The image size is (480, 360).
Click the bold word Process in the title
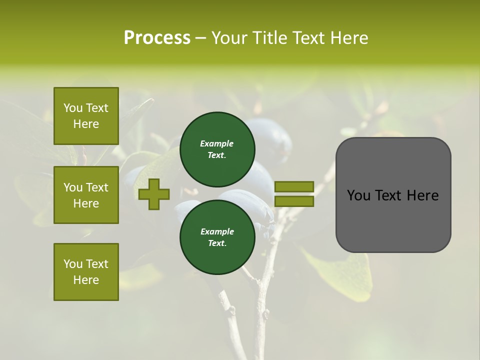(x=157, y=38)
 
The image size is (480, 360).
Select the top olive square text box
(x=86, y=116)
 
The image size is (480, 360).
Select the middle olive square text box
(x=86, y=195)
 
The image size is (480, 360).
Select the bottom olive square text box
(x=86, y=272)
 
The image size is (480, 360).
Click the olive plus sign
(x=154, y=194)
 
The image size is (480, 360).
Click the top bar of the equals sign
(x=294, y=187)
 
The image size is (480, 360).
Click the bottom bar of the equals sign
(x=294, y=201)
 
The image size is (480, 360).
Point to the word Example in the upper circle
(x=217, y=143)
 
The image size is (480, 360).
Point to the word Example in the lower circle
(x=217, y=231)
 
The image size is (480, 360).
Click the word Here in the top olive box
(x=86, y=124)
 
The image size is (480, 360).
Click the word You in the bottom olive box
(x=73, y=264)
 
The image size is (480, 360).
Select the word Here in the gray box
(x=423, y=195)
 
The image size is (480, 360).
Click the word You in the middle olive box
(x=73, y=187)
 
